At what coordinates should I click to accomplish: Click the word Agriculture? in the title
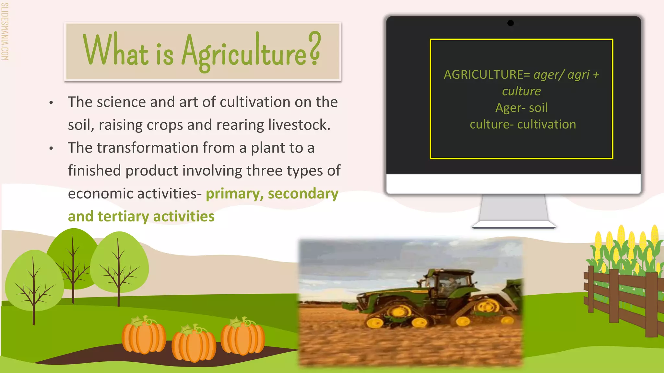point(251,52)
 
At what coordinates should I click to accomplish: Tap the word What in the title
point(115,51)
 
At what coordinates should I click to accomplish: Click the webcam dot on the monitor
point(510,23)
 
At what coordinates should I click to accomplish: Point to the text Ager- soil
point(521,108)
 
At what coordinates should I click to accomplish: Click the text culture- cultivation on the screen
point(523,125)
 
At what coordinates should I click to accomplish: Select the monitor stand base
point(514,225)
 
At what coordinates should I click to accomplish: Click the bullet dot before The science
point(51,103)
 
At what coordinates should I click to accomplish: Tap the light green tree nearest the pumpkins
point(119,262)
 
